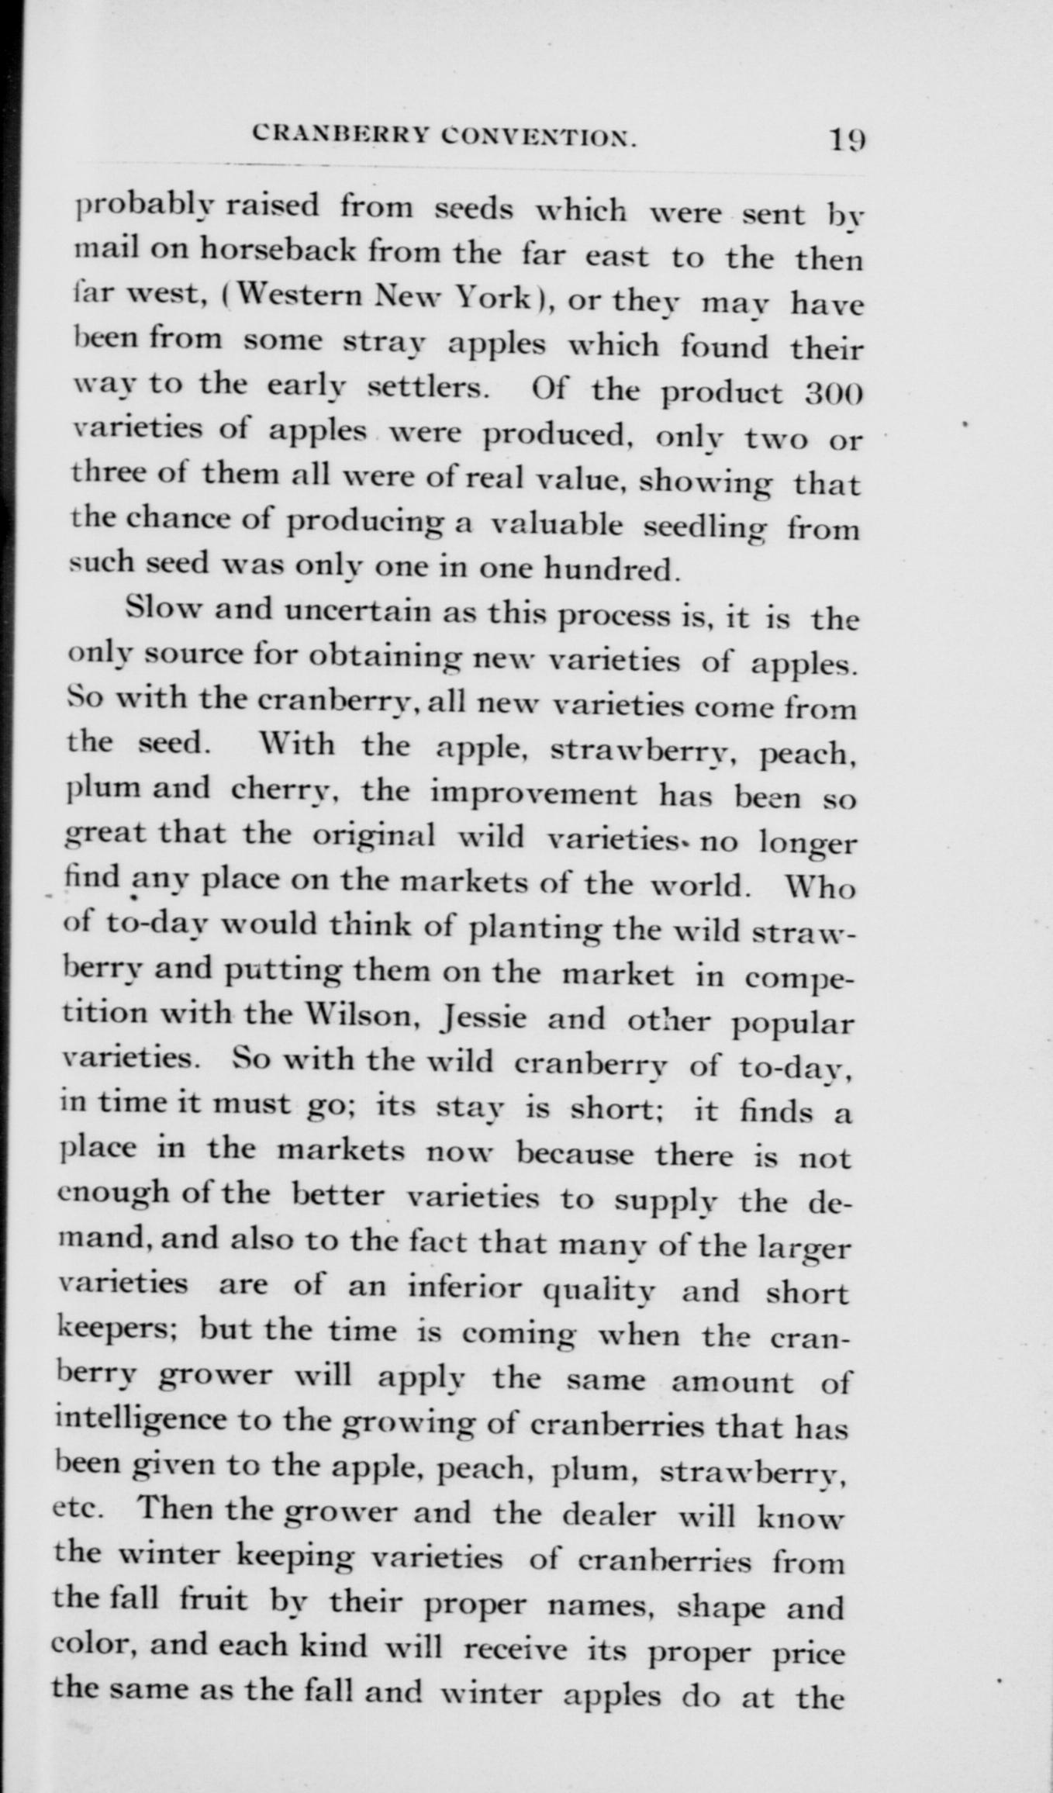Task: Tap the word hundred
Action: point(612,571)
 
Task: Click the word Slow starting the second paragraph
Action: point(163,610)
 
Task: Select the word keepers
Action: point(119,1330)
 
